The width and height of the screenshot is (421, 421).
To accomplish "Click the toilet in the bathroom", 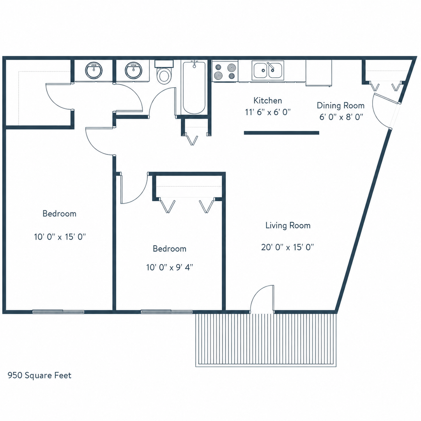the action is (164, 72).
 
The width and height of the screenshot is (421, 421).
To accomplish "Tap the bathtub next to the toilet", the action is (194, 88).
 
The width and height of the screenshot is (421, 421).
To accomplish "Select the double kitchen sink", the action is (268, 70).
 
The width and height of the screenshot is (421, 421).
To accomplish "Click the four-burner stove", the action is (225, 71).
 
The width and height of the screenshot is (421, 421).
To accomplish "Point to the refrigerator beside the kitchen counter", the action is (318, 73).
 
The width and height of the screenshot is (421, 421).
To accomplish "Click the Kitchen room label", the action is (268, 101).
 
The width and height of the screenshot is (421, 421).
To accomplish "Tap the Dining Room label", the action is (340, 105).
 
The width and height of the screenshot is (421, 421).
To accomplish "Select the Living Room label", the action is (288, 225).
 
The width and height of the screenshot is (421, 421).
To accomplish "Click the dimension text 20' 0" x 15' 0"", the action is (288, 247).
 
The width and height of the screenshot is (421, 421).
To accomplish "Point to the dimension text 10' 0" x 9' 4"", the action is (170, 267).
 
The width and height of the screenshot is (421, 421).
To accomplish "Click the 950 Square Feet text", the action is (39, 375).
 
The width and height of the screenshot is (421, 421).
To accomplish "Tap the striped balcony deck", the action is (266, 340).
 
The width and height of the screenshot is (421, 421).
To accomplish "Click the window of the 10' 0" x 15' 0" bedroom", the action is (58, 312).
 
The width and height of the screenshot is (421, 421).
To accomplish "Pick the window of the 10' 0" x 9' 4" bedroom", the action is (166, 312).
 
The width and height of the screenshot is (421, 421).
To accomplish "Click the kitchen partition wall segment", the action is (281, 133).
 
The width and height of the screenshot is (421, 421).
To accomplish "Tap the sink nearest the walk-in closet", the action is (94, 70).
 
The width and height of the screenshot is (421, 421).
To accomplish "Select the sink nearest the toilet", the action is (133, 70).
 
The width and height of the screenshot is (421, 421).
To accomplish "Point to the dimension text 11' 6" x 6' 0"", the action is (268, 112).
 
